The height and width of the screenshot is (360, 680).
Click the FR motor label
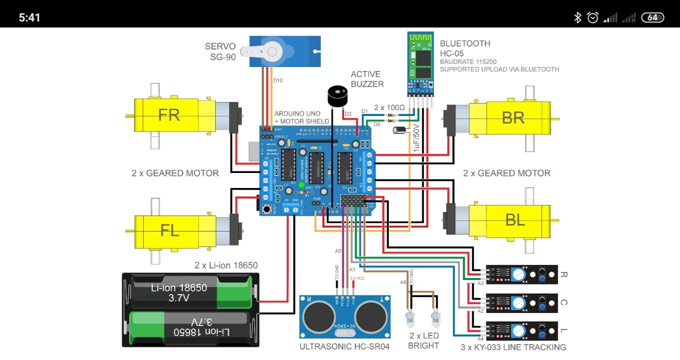click(x=169, y=114)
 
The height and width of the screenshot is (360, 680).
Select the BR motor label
click(x=513, y=117)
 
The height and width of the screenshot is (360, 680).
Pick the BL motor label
click(x=515, y=219)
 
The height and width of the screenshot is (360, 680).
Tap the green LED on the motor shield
click(x=301, y=185)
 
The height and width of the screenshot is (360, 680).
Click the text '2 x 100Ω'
click(x=389, y=107)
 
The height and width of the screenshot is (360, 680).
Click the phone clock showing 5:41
click(x=30, y=17)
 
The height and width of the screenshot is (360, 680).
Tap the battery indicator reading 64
click(x=652, y=17)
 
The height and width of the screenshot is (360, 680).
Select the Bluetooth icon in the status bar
click(x=577, y=17)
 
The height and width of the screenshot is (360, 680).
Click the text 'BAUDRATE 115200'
click(x=468, y=61)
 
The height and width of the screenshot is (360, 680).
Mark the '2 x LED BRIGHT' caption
click(x=423, y=340)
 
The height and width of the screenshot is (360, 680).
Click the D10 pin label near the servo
click(x=278, y=80)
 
